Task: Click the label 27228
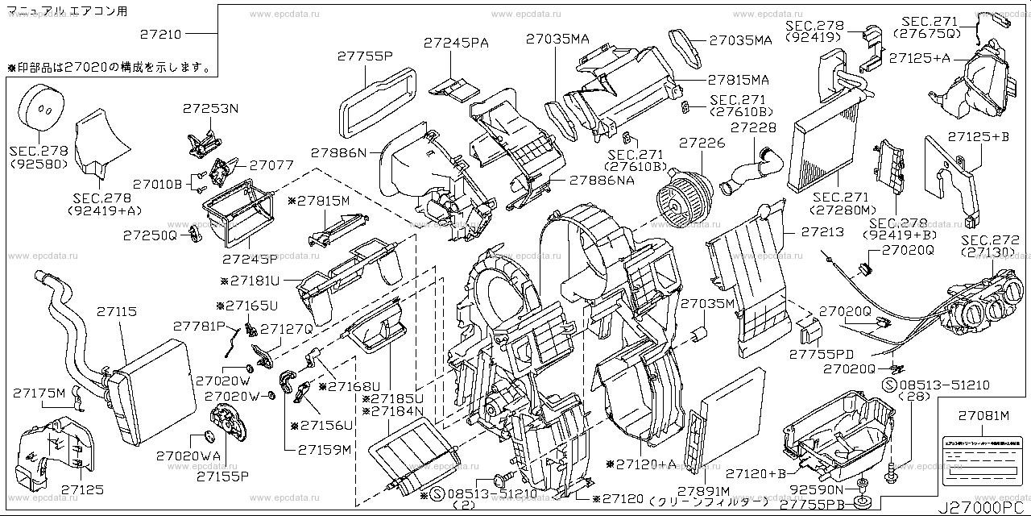point(753,128)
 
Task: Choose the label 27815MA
point(739,80)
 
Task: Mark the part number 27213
point(822,232)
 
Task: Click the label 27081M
point(983,415)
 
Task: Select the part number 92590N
point(818,489)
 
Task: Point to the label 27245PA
point(459,43)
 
